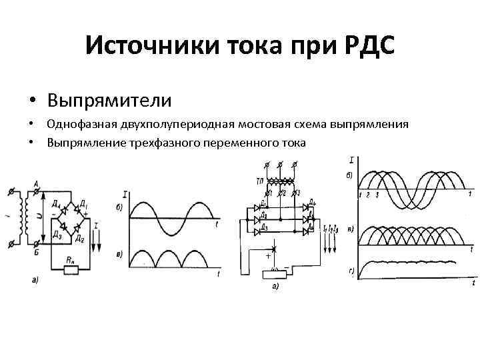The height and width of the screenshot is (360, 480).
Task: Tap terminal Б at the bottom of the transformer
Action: click(35, 251)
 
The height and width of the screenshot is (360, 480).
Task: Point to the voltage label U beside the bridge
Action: click(39, 215)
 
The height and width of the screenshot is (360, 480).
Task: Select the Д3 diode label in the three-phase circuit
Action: click(265, 228)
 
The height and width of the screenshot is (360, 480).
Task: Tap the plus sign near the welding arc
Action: click(268, 256)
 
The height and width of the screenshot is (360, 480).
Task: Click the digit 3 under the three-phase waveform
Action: click(377, 195)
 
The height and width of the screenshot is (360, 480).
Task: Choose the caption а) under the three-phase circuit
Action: click(275, 286)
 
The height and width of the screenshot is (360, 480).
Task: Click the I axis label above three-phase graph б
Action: click(351, 160)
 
